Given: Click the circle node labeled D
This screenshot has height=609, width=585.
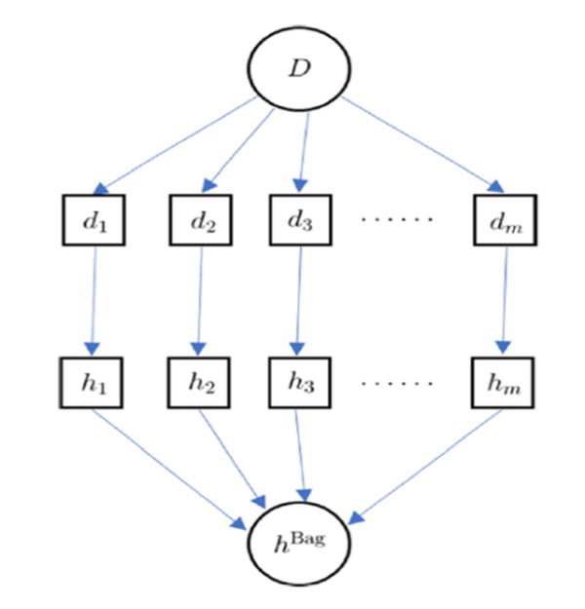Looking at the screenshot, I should click(x=298, y=69).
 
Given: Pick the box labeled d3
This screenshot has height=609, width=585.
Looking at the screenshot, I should click(x=301, y=221).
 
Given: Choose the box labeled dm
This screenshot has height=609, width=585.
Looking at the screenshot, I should click(x=504, y=222).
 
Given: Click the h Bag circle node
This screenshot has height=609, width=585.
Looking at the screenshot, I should click(x=299, y=539).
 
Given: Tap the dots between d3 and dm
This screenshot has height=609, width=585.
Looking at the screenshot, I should click(x=397, y=220).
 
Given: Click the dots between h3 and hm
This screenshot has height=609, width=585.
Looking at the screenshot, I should click(x=397, y=382).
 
